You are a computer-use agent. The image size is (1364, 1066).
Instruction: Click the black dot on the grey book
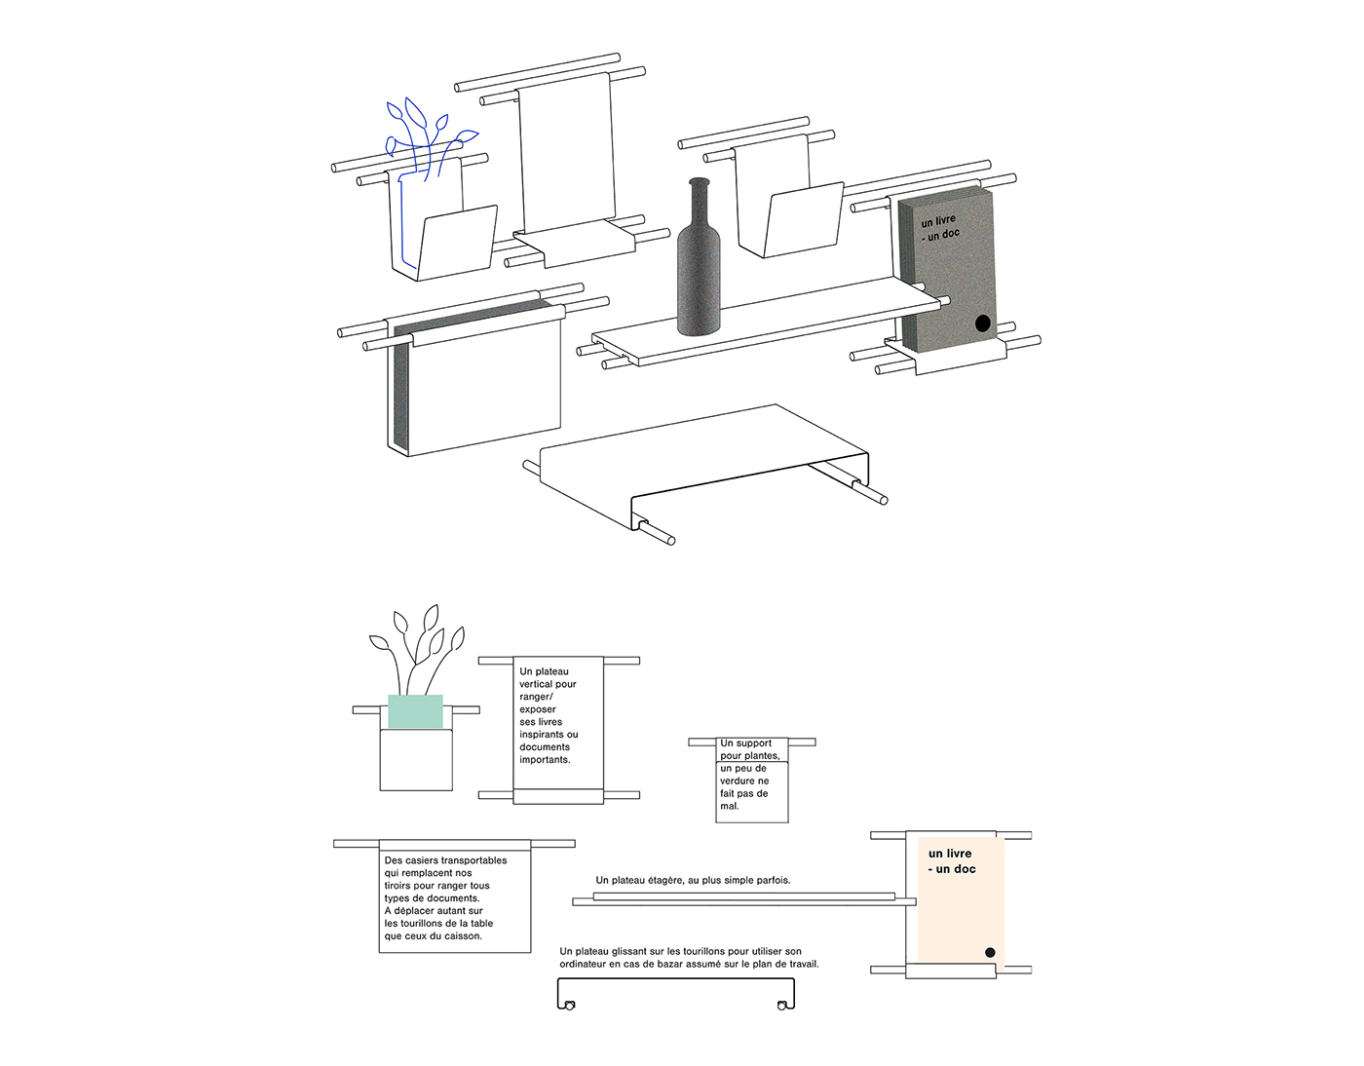[x=982, y=323]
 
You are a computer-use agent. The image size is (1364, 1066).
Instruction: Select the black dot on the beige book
[x=990, y=952]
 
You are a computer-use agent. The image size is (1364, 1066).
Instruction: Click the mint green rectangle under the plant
[x=415, y=711]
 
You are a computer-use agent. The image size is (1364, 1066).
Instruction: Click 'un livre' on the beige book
[x=950, y=854]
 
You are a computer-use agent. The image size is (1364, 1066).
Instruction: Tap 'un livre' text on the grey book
[x=938, y=222]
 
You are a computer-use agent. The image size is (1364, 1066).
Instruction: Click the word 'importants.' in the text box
[x=545, y=760]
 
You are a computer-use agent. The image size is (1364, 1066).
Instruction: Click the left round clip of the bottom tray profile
[x=570, y=1006]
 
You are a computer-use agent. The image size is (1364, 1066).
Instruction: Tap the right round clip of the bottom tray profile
[x=781, y=1006]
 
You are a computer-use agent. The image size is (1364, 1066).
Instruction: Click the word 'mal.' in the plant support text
[x=730, y=806]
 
